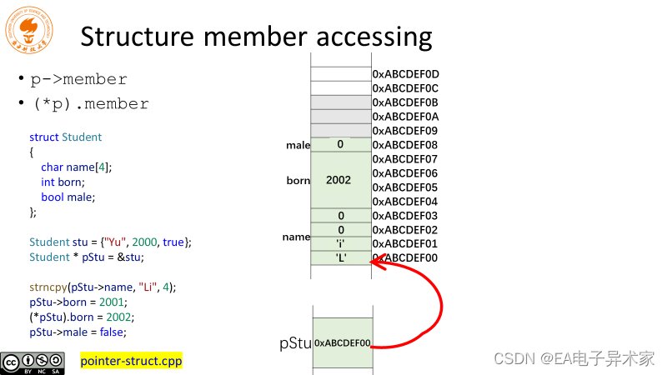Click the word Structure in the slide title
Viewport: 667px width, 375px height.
pyautogui.click(x=140, y=37)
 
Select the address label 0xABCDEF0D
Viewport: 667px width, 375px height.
pyautogui.click(x=405, y=74)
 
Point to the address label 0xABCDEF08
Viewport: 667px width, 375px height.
pyautogui.click(x=405, y=145)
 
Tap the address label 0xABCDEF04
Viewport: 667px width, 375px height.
pyautogui.click(x=405, y=202)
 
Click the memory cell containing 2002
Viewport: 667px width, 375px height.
pyautogui.click(x=340, y=180)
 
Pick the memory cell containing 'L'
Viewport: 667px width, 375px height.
pyautogui.click(x=340, y=258)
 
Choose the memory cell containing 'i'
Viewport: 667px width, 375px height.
pyautogui.click(x=340, y=244)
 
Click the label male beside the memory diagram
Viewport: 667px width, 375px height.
pyautogui.click(x=298, y=146)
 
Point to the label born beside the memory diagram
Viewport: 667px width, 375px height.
pyautogui.click(x=298, y=181)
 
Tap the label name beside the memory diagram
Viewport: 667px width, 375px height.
pyautogui.click(x=296, y=237)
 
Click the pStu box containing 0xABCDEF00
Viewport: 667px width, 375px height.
pyautogui.click(x=342, y=342)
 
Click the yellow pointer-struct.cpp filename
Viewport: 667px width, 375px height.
pyautogui.click(x=131, y=361)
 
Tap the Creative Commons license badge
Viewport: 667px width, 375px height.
pyautogui.click(x=33, y=362)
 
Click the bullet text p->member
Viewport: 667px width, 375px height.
pyautogui.click(x=78, y=79)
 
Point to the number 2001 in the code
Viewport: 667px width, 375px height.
pyautogui.click(x=103, y=302)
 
